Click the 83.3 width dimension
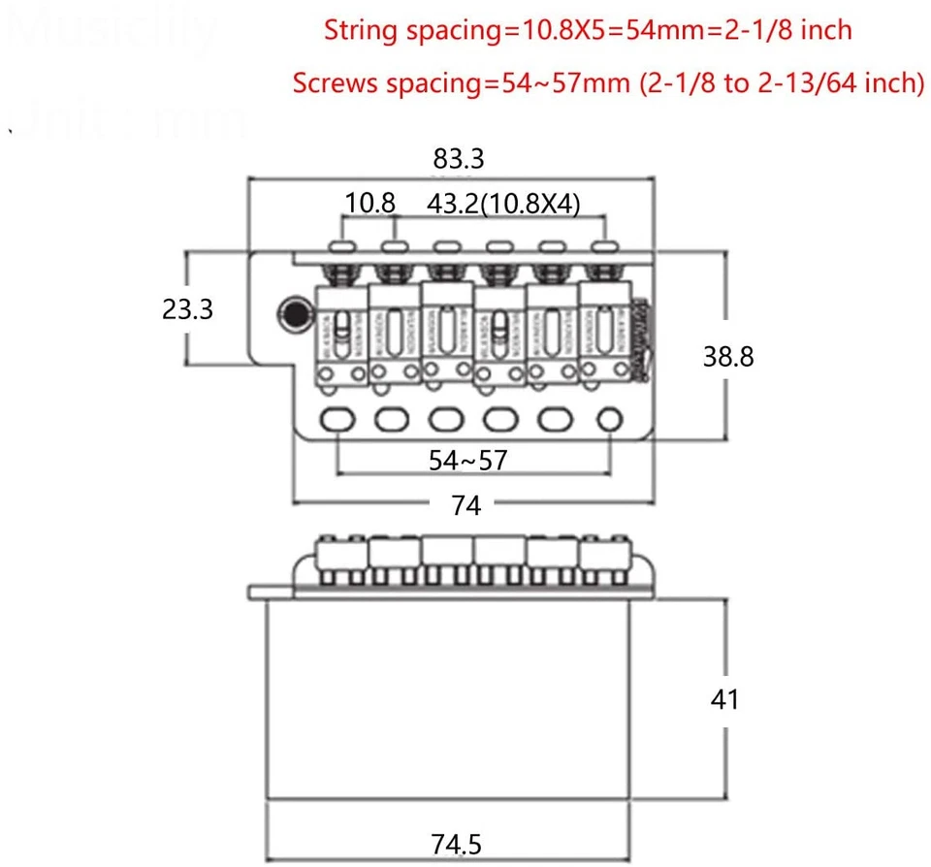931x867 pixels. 460,157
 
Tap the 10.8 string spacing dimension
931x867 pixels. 370,204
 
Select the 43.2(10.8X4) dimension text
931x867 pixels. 503,204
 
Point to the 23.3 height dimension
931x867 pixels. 187,308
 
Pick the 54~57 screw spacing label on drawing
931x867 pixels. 467,460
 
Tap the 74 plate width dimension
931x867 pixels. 466,505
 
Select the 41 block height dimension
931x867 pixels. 724,698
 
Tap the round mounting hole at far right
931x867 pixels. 610,419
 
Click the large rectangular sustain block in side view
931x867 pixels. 453,698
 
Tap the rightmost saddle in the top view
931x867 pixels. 604,330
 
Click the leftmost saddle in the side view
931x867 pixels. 342,553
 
